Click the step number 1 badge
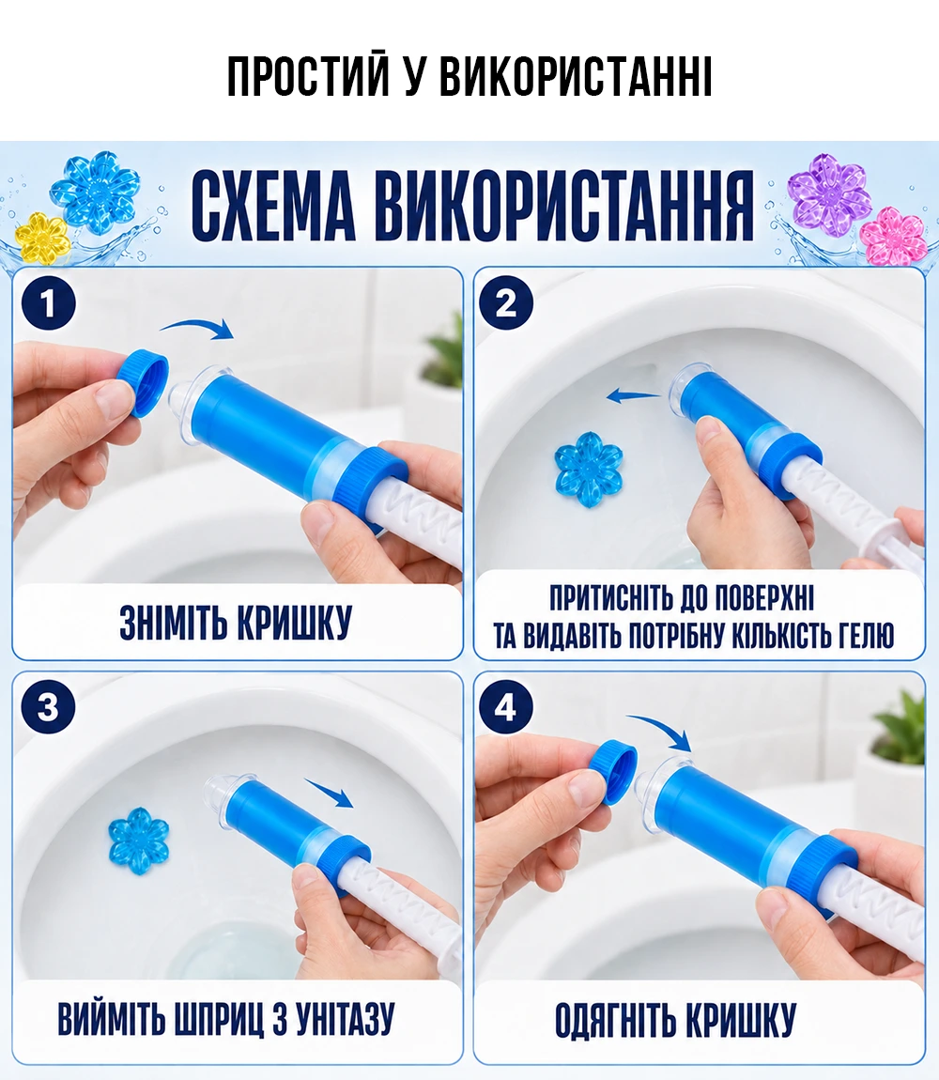[48, 303]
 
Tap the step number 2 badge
[506, 303]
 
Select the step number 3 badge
[48, 706]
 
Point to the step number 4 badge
[506, 706]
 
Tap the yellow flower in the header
[42, 239]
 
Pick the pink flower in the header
[894, 237]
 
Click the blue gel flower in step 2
[589, 469]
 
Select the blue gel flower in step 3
[138, 841]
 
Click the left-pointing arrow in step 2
[633, 396]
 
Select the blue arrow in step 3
[330, 793]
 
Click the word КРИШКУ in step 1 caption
[294, 623]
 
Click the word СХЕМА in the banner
[273, 206]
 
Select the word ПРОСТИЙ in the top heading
[308, 76]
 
